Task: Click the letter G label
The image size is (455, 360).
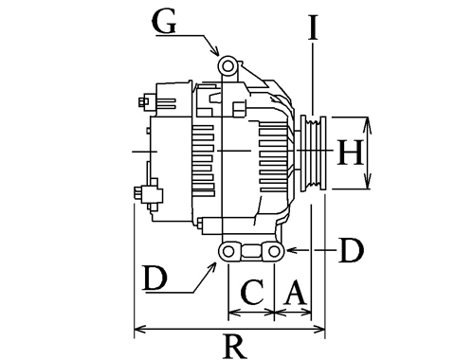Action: [x=164, y=22]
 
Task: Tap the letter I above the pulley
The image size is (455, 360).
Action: [x=313, y=27]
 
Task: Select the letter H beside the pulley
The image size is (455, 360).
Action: [x=350, y=153]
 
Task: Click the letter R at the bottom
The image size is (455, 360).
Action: [x=235, y=346]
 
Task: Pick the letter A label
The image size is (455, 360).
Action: [x=295, y=293]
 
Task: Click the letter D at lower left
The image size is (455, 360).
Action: [x=155, y=278]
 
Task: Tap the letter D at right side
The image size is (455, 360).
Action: [x=352, y=250]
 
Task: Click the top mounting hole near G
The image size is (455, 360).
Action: [x=227, y=66]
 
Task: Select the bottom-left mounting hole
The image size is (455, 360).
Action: [x=228, y=252]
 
